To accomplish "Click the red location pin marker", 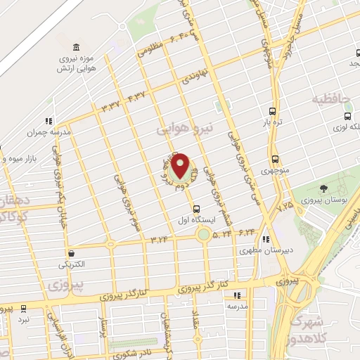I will click(x=181, y=166).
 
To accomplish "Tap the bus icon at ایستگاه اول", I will click(x=196, y=209).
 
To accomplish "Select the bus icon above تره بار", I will click(x=272, y=111).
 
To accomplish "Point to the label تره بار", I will click(x=272, y=122).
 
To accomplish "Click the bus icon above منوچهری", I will click(x=274, y=160).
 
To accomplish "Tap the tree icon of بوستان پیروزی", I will click(x=323, y=188).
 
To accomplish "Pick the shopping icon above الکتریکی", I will click(x=71, y=253).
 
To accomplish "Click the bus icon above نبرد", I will click(x=23, y=308).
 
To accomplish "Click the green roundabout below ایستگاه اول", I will click(x=203, y=235).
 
